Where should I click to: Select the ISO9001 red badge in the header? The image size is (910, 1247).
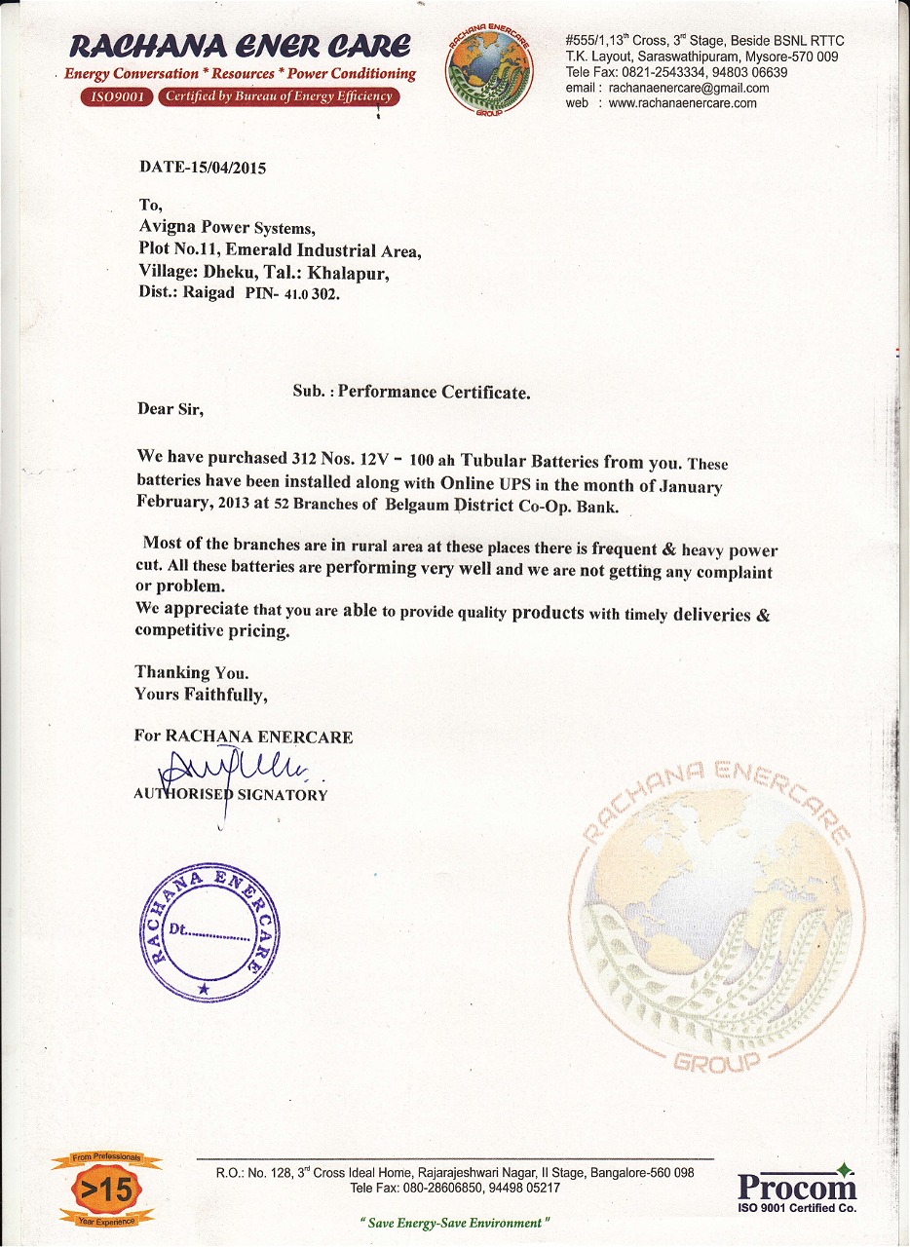point(115,96)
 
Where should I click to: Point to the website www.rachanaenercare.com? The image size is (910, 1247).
point(682,103)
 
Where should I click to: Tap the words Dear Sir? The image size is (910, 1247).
point(171,409)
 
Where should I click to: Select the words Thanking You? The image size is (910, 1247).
point(192,672)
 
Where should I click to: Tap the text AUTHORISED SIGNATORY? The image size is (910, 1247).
point(231,794)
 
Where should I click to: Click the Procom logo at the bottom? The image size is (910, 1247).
point(796,1188)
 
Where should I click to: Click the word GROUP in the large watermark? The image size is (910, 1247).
point(715,1061)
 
